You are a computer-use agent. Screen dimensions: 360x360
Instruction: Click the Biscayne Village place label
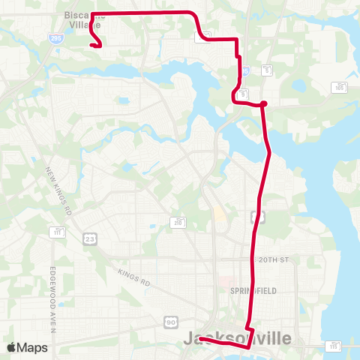pos(82,19)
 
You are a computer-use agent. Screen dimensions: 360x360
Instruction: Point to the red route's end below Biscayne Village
pos(91,45)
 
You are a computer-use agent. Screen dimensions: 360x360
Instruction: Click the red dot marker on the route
pos(263,104)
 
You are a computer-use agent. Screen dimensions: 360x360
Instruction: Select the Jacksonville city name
pos(237,339)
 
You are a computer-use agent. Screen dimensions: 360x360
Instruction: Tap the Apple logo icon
pos(12,346)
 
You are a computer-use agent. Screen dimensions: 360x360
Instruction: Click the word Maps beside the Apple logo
pos(33,347)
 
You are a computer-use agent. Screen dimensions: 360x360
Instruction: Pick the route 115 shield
pos(334,346)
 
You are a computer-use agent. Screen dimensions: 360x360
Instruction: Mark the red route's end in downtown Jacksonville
pos(201,340)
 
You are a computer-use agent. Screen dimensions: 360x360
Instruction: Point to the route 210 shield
pos(178,223)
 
